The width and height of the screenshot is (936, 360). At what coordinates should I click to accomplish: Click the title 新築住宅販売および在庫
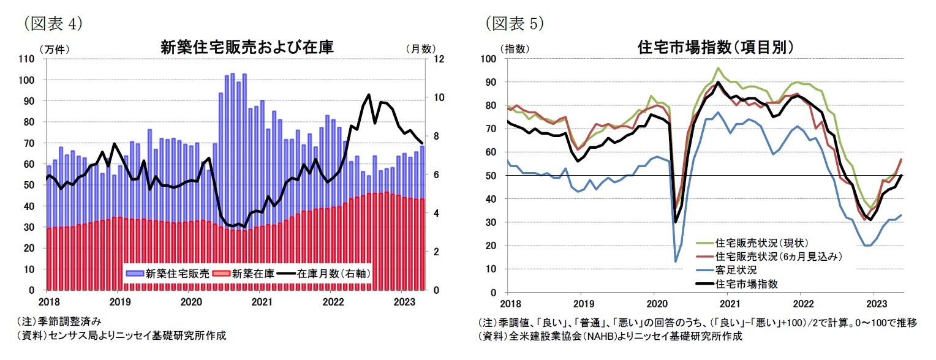point(247,47)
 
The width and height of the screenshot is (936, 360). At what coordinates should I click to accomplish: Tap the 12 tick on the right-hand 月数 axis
point(439,59)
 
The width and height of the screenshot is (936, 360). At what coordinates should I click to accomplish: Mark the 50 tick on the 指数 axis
point(490,176)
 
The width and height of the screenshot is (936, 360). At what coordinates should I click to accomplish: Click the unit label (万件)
point(54,48)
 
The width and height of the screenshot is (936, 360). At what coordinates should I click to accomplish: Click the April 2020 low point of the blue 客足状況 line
point(676,261)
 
